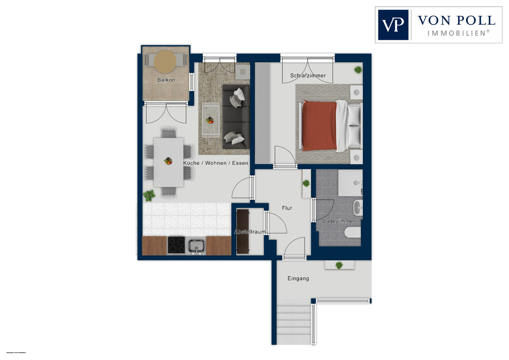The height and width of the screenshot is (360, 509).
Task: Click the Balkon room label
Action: pos(166,80)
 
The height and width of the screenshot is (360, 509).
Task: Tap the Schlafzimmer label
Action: pos(308,75)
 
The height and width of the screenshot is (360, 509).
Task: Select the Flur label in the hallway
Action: pos(287,208)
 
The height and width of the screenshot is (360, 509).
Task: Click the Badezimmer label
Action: pos(338,221)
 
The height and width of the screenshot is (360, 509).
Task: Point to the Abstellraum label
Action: pos(250,232)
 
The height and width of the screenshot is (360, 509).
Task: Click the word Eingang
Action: pos(298,278)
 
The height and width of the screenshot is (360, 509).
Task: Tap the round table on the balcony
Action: pos(165,61)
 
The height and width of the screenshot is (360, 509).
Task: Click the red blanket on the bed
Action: pos(319,126)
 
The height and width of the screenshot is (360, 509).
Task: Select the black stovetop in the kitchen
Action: pos(176,245)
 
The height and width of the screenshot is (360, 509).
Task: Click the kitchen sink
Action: pos(196,246)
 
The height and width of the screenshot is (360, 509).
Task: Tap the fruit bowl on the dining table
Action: pos(168,161)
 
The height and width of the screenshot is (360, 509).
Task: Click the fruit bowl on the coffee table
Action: pos(210,120)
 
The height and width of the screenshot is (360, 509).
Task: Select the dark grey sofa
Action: pos(236,116)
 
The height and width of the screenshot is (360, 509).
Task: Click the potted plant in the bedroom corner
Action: pos(358,70)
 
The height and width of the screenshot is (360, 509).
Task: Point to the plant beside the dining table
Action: pos(149,195)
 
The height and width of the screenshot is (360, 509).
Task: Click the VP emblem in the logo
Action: pos(393,25)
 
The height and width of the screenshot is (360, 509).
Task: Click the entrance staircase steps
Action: pos(294,323)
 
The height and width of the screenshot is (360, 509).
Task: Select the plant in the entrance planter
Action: pos(339,265)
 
